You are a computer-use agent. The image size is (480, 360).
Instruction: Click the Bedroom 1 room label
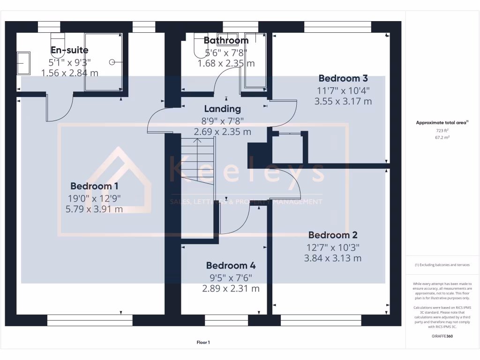coord(94,186)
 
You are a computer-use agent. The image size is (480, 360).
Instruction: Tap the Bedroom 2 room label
coord(333,235)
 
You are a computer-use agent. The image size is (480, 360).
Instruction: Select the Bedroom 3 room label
coord(343,78)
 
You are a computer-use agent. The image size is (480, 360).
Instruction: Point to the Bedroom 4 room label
coord(231,266)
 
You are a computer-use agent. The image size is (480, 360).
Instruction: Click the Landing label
coord(222,109)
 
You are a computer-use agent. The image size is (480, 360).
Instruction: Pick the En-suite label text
coord(69,50)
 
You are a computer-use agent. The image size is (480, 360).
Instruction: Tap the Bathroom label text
coord(226,40)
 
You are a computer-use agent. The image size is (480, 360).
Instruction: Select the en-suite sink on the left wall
coord(23,63)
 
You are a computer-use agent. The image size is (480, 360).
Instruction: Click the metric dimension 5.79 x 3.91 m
coord(94,209)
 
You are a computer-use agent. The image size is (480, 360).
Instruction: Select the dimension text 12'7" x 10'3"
coord(333,247)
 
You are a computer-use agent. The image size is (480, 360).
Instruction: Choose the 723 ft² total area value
coord(442,131)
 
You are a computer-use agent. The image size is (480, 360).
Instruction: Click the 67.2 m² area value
coord(442,138)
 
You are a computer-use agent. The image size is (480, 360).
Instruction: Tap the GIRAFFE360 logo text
coord(442,336)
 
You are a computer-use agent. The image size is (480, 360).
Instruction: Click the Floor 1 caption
coord(203,343)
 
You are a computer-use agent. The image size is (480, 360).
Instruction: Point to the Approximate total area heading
coord(442,122)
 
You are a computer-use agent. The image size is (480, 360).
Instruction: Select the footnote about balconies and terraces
coord(442,265)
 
